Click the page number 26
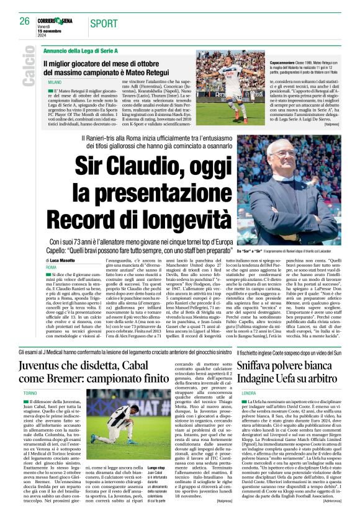click(25, 21)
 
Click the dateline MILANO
click(55, 81)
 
